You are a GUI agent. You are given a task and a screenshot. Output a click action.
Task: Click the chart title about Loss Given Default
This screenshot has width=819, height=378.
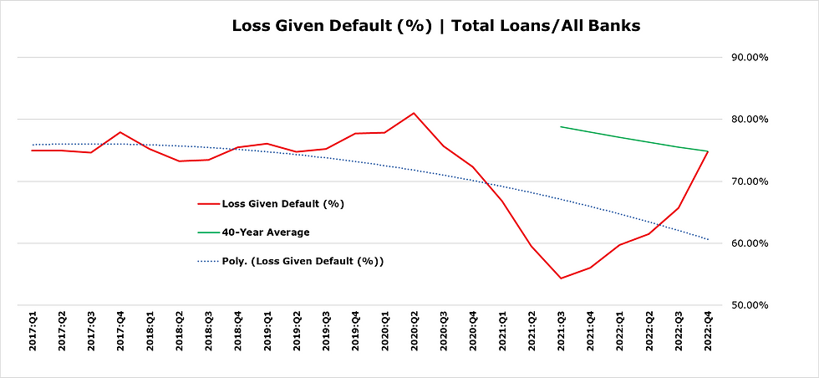point(435,26)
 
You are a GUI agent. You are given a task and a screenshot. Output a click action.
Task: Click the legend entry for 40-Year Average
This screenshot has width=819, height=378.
point(265,232)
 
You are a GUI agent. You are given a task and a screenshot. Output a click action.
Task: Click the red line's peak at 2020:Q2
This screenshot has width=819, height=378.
point(414,113)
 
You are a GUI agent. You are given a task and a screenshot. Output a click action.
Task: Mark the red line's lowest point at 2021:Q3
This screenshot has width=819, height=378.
point(561,278)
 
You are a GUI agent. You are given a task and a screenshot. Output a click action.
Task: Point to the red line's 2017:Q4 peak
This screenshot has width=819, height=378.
point(120,132)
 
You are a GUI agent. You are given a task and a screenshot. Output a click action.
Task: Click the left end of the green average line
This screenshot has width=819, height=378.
point(561,127)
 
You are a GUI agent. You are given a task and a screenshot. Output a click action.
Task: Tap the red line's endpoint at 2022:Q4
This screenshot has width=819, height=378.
point(708,151)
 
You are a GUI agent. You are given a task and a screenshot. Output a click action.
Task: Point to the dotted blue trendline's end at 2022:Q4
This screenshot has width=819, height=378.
point(708,239)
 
